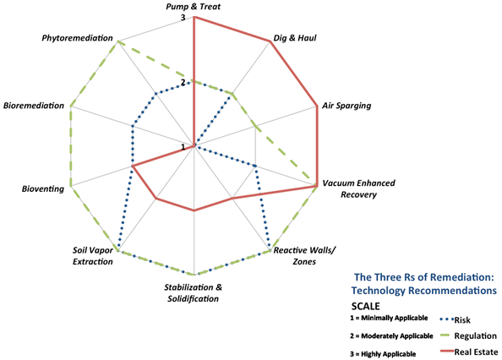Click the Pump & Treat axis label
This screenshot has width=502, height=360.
(x=193, y=7)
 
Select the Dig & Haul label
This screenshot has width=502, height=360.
(x=295, y=38)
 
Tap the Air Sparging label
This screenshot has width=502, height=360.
(x=346, y=106)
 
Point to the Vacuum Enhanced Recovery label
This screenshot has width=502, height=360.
(x=358, y=188)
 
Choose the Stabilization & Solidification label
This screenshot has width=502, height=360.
(x=193, y=292)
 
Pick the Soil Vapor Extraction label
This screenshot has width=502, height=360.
(x=93, y=256)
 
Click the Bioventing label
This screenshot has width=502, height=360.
(x=43, y=188)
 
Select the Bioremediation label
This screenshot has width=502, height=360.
(x=34, y=106)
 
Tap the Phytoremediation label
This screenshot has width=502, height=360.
(x=78, y=38)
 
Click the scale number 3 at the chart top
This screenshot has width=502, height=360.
(x=183, y=18)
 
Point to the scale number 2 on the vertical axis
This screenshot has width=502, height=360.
(x=183, y=83)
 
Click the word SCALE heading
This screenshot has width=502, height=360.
(x=366, y=306)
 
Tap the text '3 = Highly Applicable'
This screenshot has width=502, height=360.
(x=383, y=354)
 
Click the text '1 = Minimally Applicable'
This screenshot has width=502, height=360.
(x=389, y=318)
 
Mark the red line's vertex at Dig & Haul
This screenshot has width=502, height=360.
(x=270, y=41)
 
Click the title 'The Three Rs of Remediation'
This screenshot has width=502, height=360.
(x=424, y=277)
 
